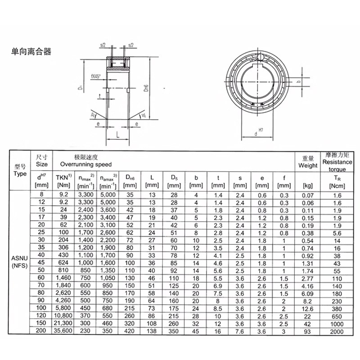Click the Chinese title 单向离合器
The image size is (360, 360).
coord(31,51)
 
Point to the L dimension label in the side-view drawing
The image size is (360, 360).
coord(117,135)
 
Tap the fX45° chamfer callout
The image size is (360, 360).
coord(95,76)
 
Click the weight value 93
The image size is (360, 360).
coord(308,332)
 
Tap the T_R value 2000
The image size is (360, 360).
coord(337,332)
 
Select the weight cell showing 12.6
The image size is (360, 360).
coord(308,309)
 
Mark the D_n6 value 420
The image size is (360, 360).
coord(130,332)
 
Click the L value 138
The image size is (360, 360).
coord(152,332)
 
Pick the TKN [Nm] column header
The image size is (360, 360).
coord(63,181)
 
